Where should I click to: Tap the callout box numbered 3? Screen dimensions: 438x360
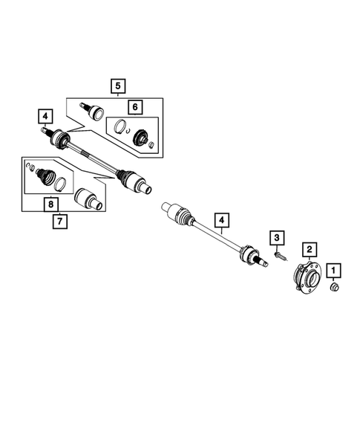click(277, 237)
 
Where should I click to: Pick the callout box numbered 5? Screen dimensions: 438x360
click(117, 86)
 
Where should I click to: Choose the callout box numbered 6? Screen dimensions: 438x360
click(134, 107)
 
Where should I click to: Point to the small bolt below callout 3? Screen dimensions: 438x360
click(279, 257)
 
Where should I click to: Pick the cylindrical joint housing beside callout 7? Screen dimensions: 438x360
click(89, 200)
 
